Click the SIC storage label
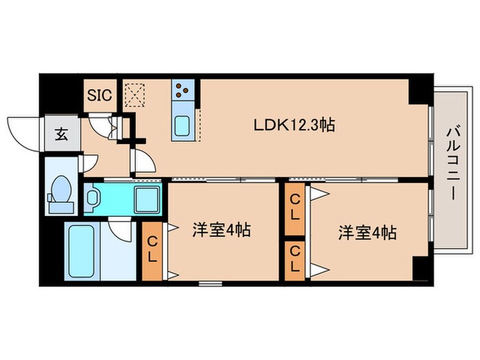[x=100, y=95]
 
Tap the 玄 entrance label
[x=61, y=134]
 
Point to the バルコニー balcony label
[x=451, y=162]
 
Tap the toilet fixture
[x=60, y=193]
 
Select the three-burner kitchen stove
[x=182, y=90]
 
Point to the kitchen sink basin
[x=183, y=127]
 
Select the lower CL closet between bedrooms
[x=295, y=261]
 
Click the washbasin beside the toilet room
[x=94, y=198]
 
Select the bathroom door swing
[x=121, y=230]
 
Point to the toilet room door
[x=89, y=163]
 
